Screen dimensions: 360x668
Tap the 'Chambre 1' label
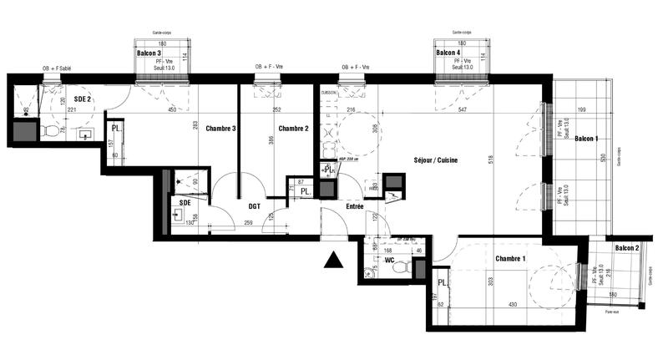pyautogui.click(x=509, y=258)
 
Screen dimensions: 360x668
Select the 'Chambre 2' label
pyautogui.click(x=294, y=128)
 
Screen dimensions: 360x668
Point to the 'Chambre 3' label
pyautogui.click(x=221, y=128)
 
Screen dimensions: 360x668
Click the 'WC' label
pyautogui.click(x=389, y=260)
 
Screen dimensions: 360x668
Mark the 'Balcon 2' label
pyautogui.click(x=627, y=249)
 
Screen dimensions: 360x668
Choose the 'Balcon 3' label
pyautogui.click(x=149, y=53)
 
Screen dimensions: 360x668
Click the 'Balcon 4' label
pyautogui.click(x=448, y=53)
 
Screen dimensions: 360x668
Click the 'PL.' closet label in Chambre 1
pyautogui.click(x=443, y=283)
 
